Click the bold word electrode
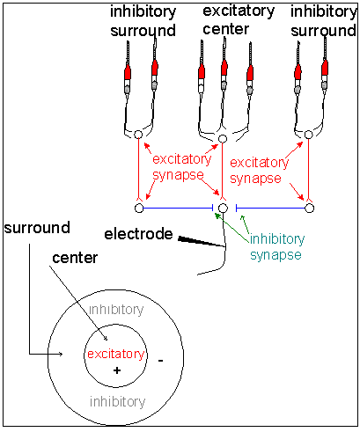[x=138, y=234]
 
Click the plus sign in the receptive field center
[x=117, y=370]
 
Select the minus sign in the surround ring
[x=160, y=361]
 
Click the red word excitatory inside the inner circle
[x=116, y=354]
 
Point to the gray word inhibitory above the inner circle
[x=116, y=310]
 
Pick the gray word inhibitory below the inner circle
[x=117, y=401]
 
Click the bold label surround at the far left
[x=37, y=228]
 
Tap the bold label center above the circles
[x=75, y=258]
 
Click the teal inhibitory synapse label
[x=276, y=247]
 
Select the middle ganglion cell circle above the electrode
[x=223, y=208]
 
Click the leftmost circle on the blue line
[x=139, y=208]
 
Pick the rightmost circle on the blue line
[x=310, y=208]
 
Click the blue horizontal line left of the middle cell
[x=178, y=209]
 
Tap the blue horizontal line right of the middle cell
[x=271, y=209]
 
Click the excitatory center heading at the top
[x=239, y=20]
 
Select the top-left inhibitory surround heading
[x=143, y=21]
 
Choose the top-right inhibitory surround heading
[x=324, y=21]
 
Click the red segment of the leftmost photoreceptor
[x=128, y=71]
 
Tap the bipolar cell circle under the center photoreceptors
[x=223, y=138]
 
